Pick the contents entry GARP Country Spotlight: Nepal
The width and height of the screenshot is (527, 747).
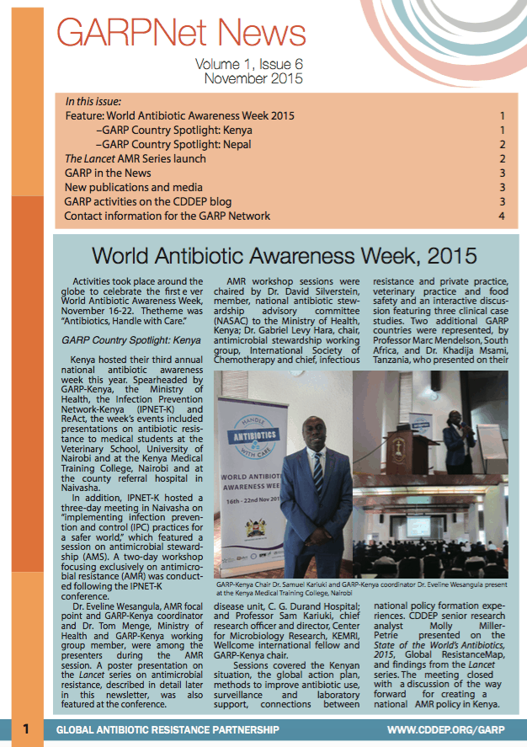(x=174, y=144)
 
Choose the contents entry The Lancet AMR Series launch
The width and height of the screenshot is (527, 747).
(x=135, y=158)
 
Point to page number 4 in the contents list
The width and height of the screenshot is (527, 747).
(x=501, y=216)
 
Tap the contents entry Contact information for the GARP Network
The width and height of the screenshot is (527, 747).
(x=168, y=216)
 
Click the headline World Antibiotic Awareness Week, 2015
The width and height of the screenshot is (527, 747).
(x=285, y=254)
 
